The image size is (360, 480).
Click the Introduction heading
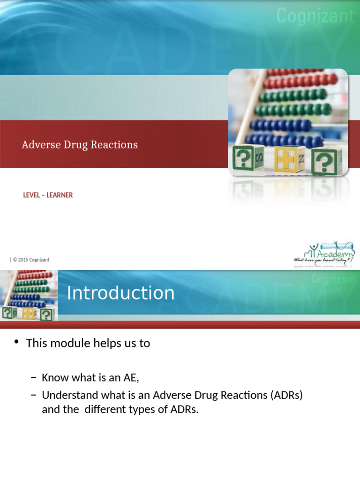tap(120, 293)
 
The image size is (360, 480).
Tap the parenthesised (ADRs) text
tap(286, 395)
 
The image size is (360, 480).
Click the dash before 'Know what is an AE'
tap(33, 378)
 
